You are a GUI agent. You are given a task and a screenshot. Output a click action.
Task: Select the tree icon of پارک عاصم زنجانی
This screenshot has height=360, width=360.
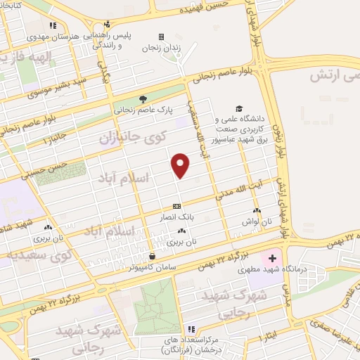pyautogui.click(x=143, y=99)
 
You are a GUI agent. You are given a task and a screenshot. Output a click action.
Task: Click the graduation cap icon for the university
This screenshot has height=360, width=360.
pyautogui.click(x=239, y=109)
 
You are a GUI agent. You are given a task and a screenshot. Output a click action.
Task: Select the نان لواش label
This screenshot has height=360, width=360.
pyautogui.click(x=256, y=221)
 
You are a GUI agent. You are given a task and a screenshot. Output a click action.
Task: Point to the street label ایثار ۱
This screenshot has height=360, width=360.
pyautogui.click(x=271, y=335)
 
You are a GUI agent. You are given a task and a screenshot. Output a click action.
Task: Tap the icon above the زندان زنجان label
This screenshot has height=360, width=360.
pyautogui.click(x=162, y=37)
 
